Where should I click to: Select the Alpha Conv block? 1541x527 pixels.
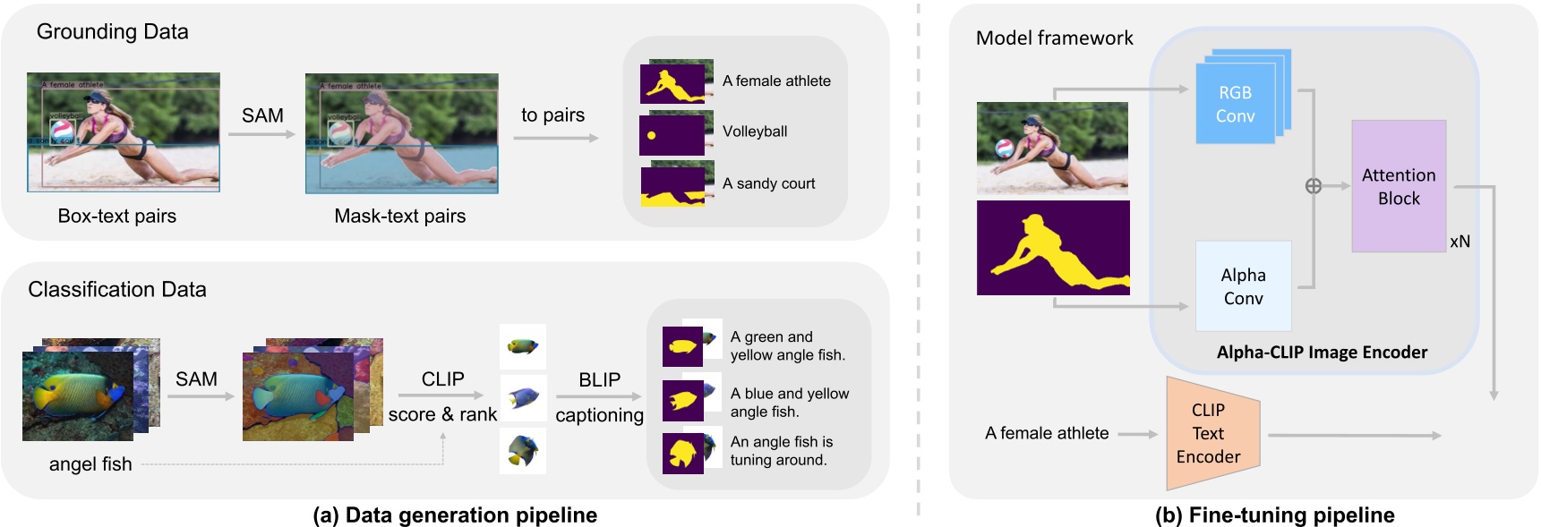[x=1243, y=286]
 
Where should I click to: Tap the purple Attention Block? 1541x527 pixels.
[x=1398, y=186]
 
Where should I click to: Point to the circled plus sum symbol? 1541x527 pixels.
[x=1313, y=186]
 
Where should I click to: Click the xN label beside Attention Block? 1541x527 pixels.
[x=1460, y=242]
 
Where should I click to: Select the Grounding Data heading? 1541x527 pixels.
[x=112, y=32]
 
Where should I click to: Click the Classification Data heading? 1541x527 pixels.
[x=117, y=290]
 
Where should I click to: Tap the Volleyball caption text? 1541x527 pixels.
[x=755, y=132]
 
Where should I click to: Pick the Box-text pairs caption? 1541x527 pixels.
[x=117, y=217]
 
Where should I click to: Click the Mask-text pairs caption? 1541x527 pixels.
[x=399, y=217]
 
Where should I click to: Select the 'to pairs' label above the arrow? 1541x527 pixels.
[x=552, y=115]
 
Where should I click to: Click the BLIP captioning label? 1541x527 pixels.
[x=599, y=396]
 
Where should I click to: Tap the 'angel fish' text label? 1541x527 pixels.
[x=90, y=464]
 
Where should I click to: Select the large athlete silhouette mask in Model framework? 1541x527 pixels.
[x=1053, y=248]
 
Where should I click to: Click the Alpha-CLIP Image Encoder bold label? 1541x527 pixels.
[x=1322, y=353]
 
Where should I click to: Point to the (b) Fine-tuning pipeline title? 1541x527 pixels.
[x=1274, y=515]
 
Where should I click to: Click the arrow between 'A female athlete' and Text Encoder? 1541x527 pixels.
[x=1138, y=434]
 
